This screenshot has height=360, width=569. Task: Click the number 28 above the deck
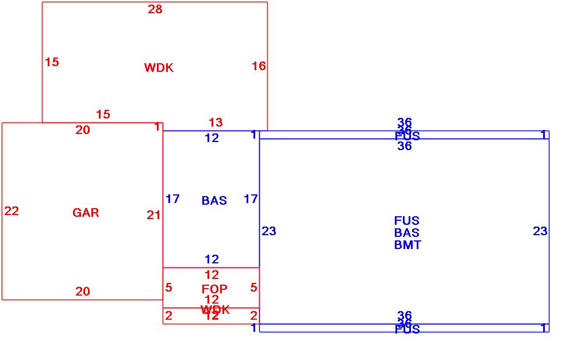[x=155, y=9]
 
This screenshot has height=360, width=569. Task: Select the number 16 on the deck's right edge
[x=259, y=66]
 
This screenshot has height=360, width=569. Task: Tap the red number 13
[x=216, y=122]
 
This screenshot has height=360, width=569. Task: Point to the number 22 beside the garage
[x=11, y=211]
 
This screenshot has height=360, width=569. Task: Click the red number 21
[x=153, y=215]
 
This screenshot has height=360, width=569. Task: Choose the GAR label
[x=86, y=213]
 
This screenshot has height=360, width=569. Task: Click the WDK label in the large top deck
[x=159, y=68]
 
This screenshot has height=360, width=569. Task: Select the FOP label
[x=214, y=289]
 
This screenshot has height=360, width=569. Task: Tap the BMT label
[x=407, y=245]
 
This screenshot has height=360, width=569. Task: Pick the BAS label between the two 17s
[x=214, y=201]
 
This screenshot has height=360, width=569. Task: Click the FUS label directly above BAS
[x=406, y=221]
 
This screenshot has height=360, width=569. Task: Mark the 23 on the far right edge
[x=540, y=231]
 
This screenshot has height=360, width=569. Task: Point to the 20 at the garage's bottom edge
[x=83, y=292]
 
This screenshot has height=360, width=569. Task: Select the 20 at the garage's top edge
[x=83, y=130]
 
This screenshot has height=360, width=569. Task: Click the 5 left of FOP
[x=168, y=288]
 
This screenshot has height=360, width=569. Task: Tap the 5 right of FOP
[x=253, y=288]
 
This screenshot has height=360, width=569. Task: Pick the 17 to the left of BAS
[x=172, y=199]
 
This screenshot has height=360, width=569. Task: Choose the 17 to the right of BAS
[x=251, y=199]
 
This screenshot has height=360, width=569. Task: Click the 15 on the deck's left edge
[x=52, y=62]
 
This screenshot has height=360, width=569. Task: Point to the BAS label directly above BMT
[x=406, y=233]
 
